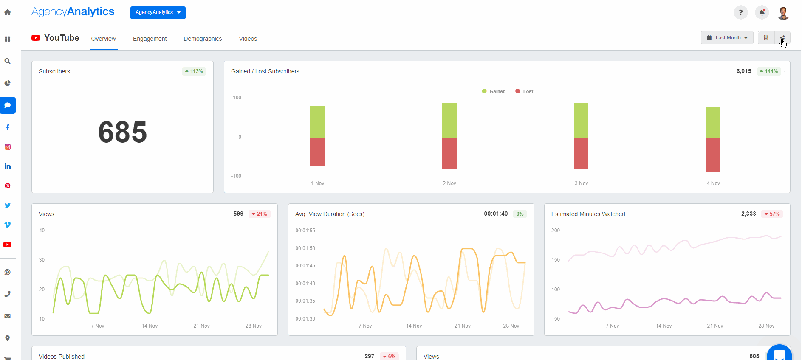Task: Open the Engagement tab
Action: pyautogui.click(x=150, y=39)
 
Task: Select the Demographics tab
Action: pyautogui.click(x=203, y=39)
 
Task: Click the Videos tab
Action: pyautogui.click(x=248, y=39)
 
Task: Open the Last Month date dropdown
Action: pyautogui.click(x=727, y=38)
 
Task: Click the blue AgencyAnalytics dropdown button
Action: pyautogui.click(x=158, y=12)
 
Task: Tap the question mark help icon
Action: pyautogui.click(x=740, y=12)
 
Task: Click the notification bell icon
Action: pyautogui.click(x=762, y=12)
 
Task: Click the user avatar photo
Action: pyautogui.click(x=783, y=13)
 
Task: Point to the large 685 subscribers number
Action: pyautogui.click(x=122, y=132)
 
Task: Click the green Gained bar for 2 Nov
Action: pyautogui.click(x=449, y=120)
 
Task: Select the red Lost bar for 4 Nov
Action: pyautogui.click(x=713, y=155)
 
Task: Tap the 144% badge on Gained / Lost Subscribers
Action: pyautogui.click(x=769, y=71)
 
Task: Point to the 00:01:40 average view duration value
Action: pyautogui.click(x=496, y=214)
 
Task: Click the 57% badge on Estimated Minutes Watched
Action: pyautogui.click(x=772, y=214)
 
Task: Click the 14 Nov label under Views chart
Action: pyautogui.click(x=150, y=326)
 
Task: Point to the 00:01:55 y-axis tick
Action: pyautogui.click(x=305, y=231)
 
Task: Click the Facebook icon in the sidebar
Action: pyautogui.click(x=8, y=127)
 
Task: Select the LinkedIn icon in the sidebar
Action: pyautogui.click(x=8, y=166)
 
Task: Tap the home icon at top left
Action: pyautogui.click(x=8, y=12)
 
